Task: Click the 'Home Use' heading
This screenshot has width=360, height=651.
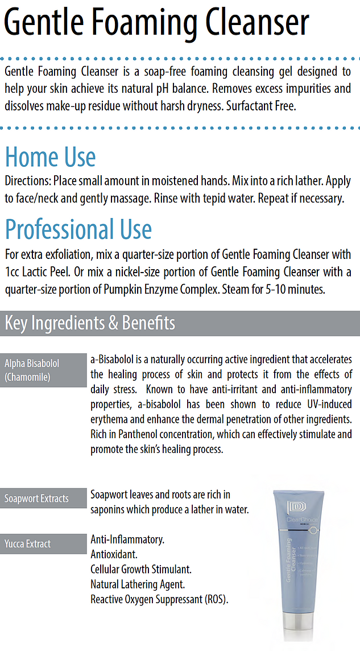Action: coord(50,158)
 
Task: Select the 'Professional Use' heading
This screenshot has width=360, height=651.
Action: coord(78,229)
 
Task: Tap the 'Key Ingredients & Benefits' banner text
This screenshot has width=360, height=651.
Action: coord(90,323)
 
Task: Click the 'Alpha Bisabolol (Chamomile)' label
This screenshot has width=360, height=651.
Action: coord(32,370)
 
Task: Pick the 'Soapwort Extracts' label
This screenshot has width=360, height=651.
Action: coord(36,498)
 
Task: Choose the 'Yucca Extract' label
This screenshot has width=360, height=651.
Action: coord(28,544)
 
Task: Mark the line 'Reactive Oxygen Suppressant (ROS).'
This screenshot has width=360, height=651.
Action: coord(160,599)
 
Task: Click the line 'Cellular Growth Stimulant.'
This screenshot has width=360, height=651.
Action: coord(141,569)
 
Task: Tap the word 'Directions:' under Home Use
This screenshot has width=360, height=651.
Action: coord(28,182)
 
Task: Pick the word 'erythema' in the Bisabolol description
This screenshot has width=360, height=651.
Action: coord(110,419)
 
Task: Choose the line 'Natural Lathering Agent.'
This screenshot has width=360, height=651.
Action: coord(138,584)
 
